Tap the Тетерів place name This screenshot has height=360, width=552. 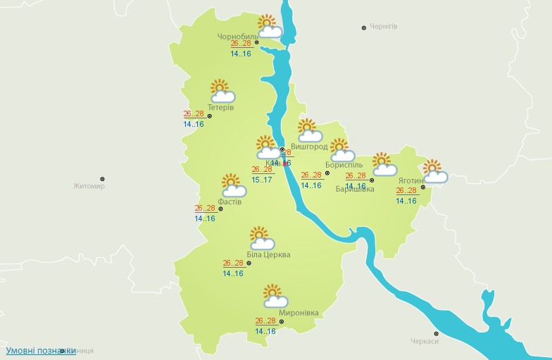[221, 107]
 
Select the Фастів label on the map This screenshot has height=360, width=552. [230, 201]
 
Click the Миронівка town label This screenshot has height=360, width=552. [299, 313]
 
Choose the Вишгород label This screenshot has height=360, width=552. [309, 147]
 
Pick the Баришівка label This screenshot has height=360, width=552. [355, 189]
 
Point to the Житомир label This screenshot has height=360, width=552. [89, 187]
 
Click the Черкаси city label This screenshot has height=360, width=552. [425, 341]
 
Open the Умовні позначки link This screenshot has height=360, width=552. [41, 350]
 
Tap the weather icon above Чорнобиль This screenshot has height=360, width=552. [269, 27]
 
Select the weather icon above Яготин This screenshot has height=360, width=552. [434, 172]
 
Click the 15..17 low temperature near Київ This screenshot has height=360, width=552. [262, 180]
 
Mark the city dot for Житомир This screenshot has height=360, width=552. [102, 179]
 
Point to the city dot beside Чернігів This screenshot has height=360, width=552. [364, 27]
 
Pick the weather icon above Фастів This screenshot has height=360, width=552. [232, 185]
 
